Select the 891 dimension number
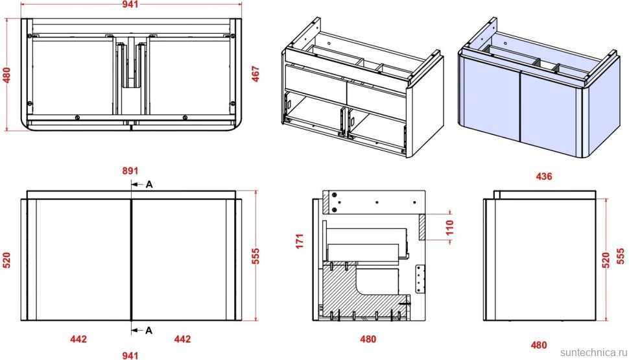tap(131, 171)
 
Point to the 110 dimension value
tap(450, 227)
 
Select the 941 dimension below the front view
tap(131, 354)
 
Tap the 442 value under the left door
tap(78, 339)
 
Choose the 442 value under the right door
tap(183, 339)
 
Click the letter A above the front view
tap(148, 184)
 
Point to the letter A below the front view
tap(148, 330)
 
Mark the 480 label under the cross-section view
tap(368, 339)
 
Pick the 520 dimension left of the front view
tap(7, 259)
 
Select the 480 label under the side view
tap(539, 344)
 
